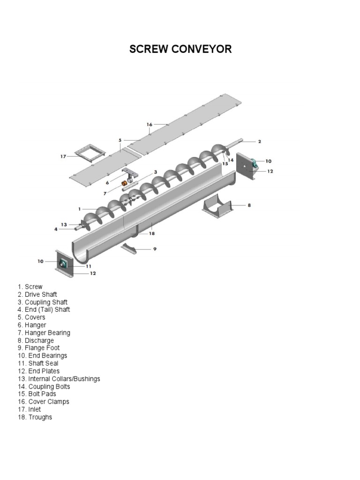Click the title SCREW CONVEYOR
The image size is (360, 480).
pos(180,49)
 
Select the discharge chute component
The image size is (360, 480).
pos(217,206)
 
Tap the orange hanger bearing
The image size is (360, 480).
pos(125,183)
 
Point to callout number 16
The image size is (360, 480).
pos(150,125)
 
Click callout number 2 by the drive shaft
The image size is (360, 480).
pos(259,141)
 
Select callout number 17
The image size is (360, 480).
pos(63,157)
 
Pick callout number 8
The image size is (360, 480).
pos(249,205)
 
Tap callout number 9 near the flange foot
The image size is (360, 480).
pos(155,249)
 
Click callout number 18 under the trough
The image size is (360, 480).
pos(151,233)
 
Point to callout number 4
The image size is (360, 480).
pos(56,229)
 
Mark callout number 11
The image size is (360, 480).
pos(88,266)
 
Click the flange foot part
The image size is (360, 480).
pos(129,248)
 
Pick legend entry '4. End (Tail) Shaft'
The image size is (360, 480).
pos(44,309)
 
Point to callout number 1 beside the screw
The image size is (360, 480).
pos(80,209)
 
